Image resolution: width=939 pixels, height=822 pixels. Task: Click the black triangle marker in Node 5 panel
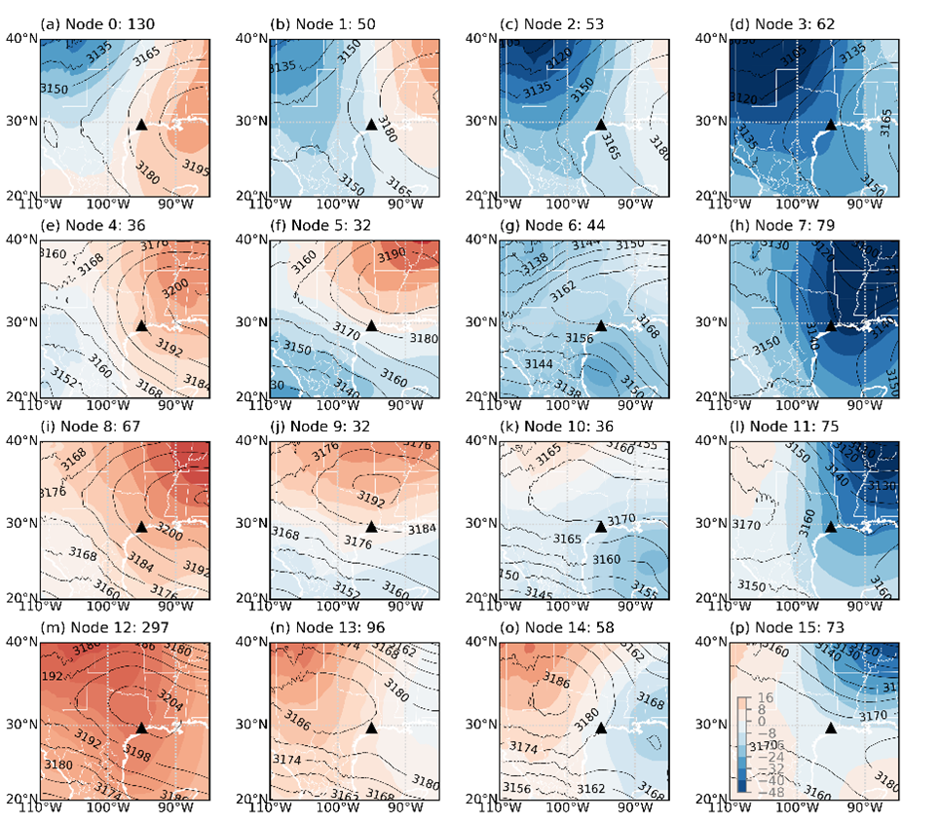pyautogui.click(x=371, y=325)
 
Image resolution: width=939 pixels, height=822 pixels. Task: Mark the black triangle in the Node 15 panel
pyautogui.click(x=831, y=728)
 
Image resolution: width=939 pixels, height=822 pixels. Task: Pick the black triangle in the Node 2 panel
pyautogui.click(x=601, y=124)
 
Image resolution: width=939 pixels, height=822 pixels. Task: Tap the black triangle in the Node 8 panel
pyautogui.click(x=141, y=526)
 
